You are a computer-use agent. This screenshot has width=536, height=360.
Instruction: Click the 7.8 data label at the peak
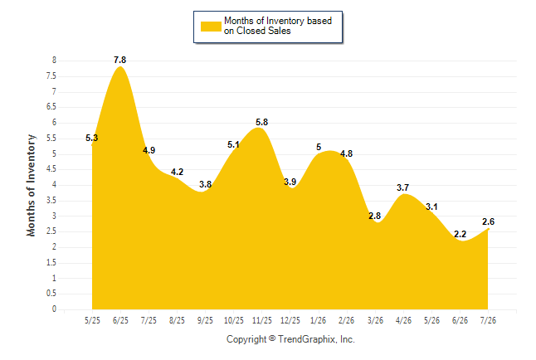120,61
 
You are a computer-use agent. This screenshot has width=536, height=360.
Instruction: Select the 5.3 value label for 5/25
91,139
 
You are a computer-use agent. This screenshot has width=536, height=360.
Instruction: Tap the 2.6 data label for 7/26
488,221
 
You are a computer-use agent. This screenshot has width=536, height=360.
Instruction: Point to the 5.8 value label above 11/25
262,122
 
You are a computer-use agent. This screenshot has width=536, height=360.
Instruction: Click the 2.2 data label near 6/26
460,234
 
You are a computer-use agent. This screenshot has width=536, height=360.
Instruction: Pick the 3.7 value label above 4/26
402,187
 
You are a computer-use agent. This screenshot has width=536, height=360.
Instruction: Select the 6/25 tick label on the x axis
120,320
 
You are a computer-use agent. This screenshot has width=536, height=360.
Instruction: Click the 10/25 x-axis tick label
234,320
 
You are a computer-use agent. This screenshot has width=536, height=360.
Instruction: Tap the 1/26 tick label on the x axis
319,320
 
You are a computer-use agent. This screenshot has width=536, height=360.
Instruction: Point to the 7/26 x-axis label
488,320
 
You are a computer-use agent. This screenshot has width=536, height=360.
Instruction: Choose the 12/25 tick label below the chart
290,320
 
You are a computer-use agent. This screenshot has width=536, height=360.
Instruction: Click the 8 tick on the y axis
54,61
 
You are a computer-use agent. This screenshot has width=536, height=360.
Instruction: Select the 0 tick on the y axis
54,309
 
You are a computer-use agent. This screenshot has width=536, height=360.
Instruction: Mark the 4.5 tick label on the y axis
51,169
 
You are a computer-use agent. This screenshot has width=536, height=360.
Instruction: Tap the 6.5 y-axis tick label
51,107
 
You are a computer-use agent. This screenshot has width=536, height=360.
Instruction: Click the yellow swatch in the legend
211,27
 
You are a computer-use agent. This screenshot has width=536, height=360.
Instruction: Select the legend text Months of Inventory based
278,21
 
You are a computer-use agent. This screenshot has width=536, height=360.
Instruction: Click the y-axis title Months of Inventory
31,185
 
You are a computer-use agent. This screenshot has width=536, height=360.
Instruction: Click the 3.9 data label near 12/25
290,182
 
